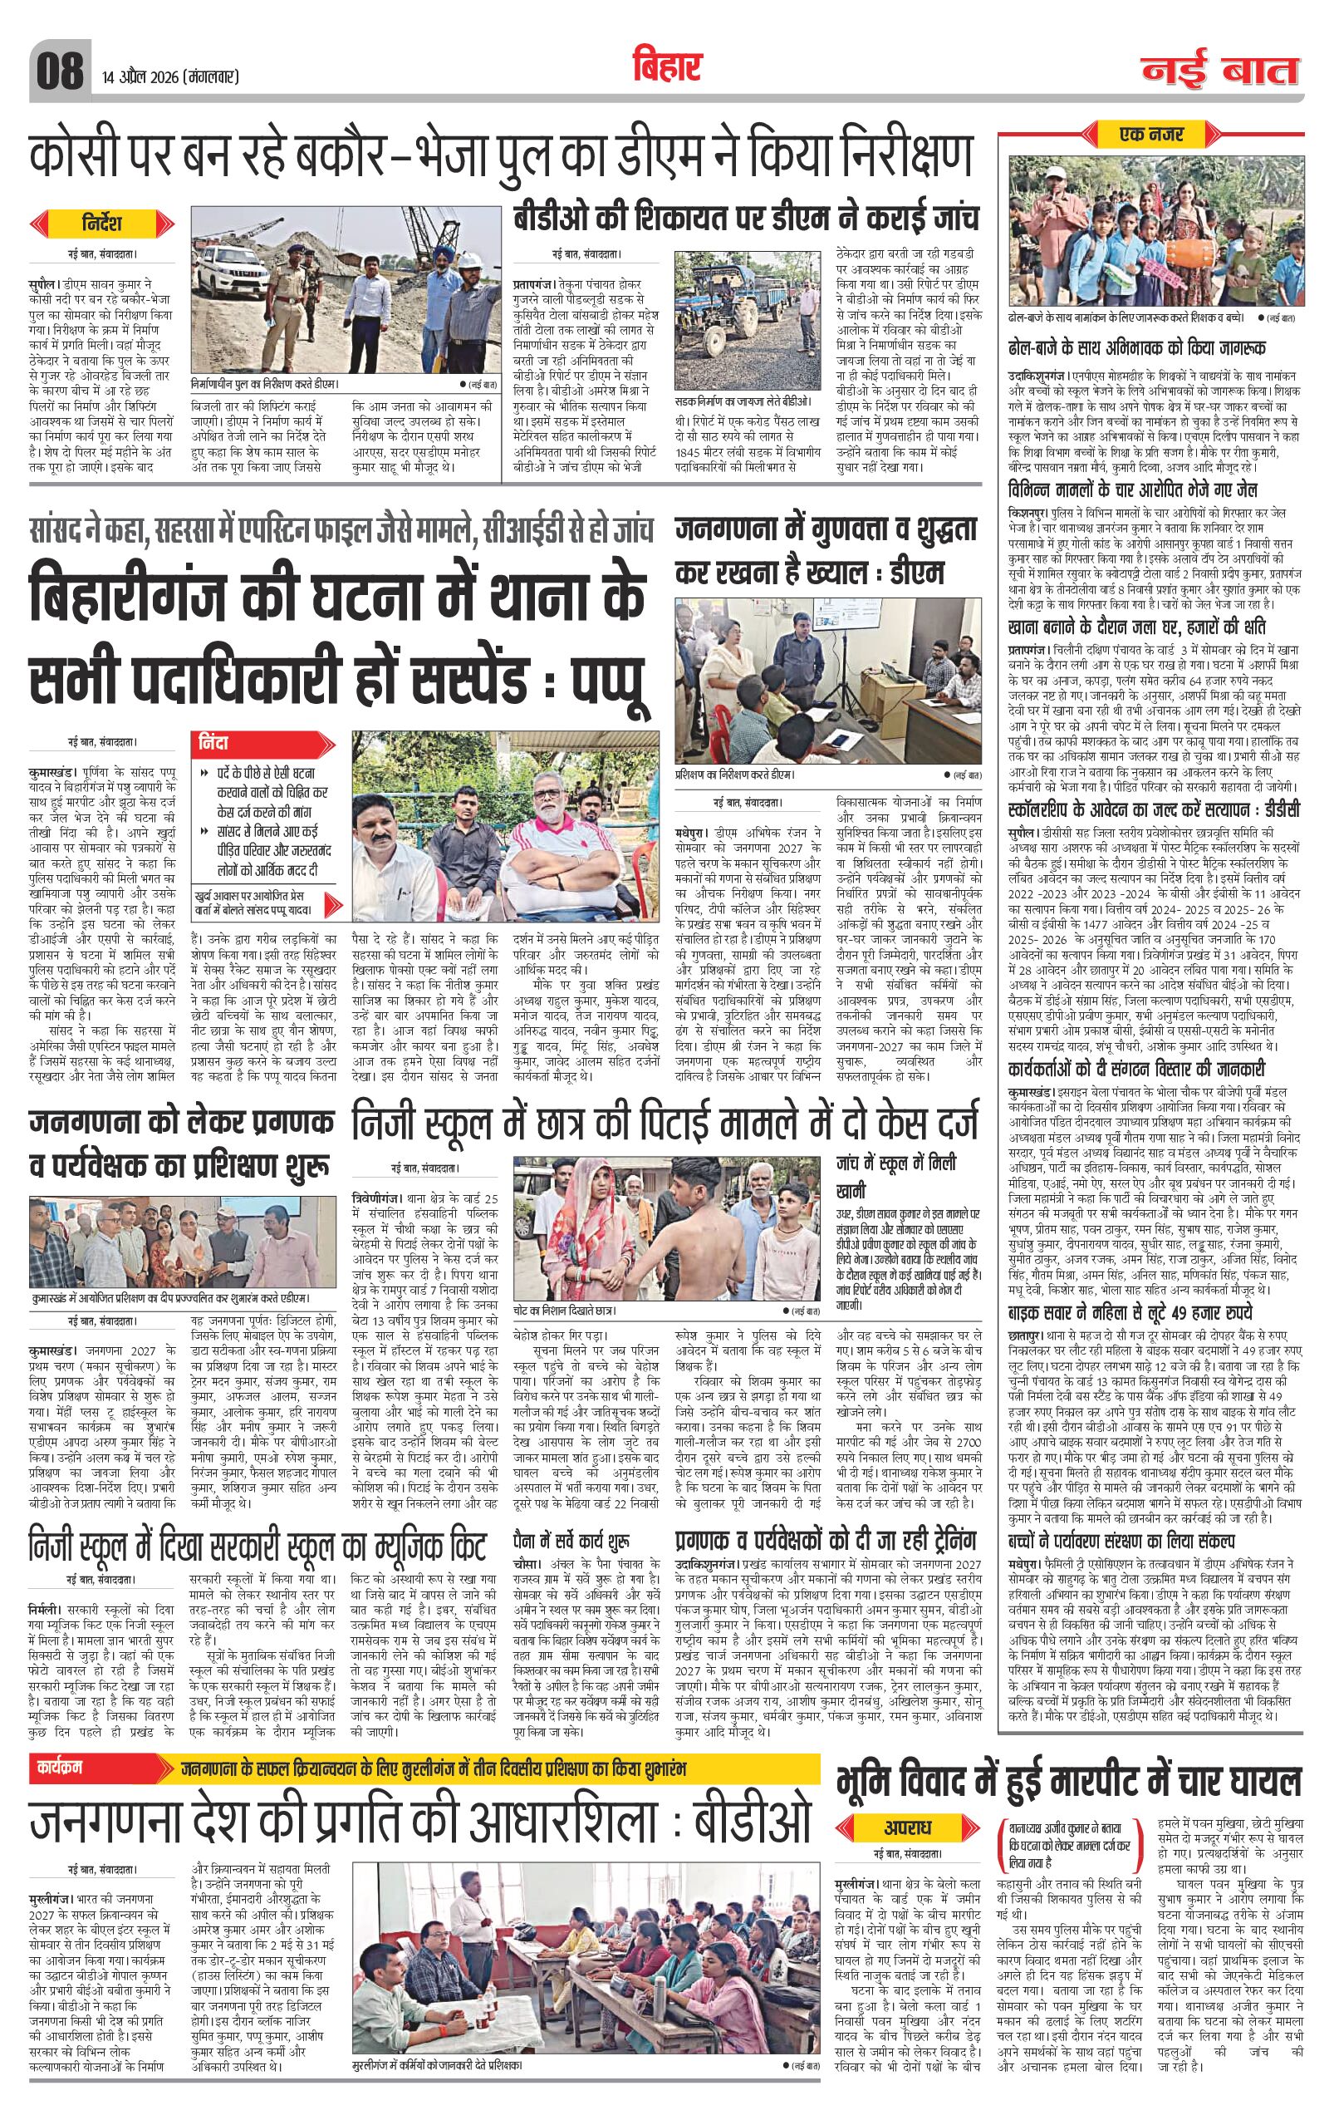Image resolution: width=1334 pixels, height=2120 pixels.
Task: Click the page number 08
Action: click(60, 70)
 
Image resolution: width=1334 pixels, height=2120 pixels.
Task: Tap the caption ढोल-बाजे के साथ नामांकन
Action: click(1130, 315)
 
